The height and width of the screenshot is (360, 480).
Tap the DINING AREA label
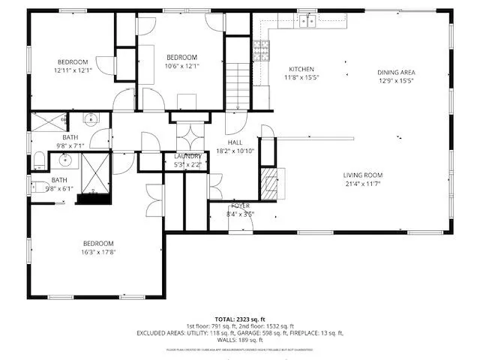point(395,72)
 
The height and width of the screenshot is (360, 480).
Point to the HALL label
point(235,142)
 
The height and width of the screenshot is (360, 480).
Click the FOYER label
point(240,205)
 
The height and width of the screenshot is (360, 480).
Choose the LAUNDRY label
point(187,156)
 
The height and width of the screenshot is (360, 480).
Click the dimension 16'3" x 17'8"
point(98,252)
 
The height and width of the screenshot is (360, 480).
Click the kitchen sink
point(306,22)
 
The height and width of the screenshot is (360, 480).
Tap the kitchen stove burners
point(262,50)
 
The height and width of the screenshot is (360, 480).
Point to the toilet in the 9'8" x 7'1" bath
point(39,158)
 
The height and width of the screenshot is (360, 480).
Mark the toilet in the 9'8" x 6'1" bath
point(37,185)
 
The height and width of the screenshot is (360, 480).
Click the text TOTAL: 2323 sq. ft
point(239,319)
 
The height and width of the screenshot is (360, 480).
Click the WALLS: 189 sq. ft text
point(239,340)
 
